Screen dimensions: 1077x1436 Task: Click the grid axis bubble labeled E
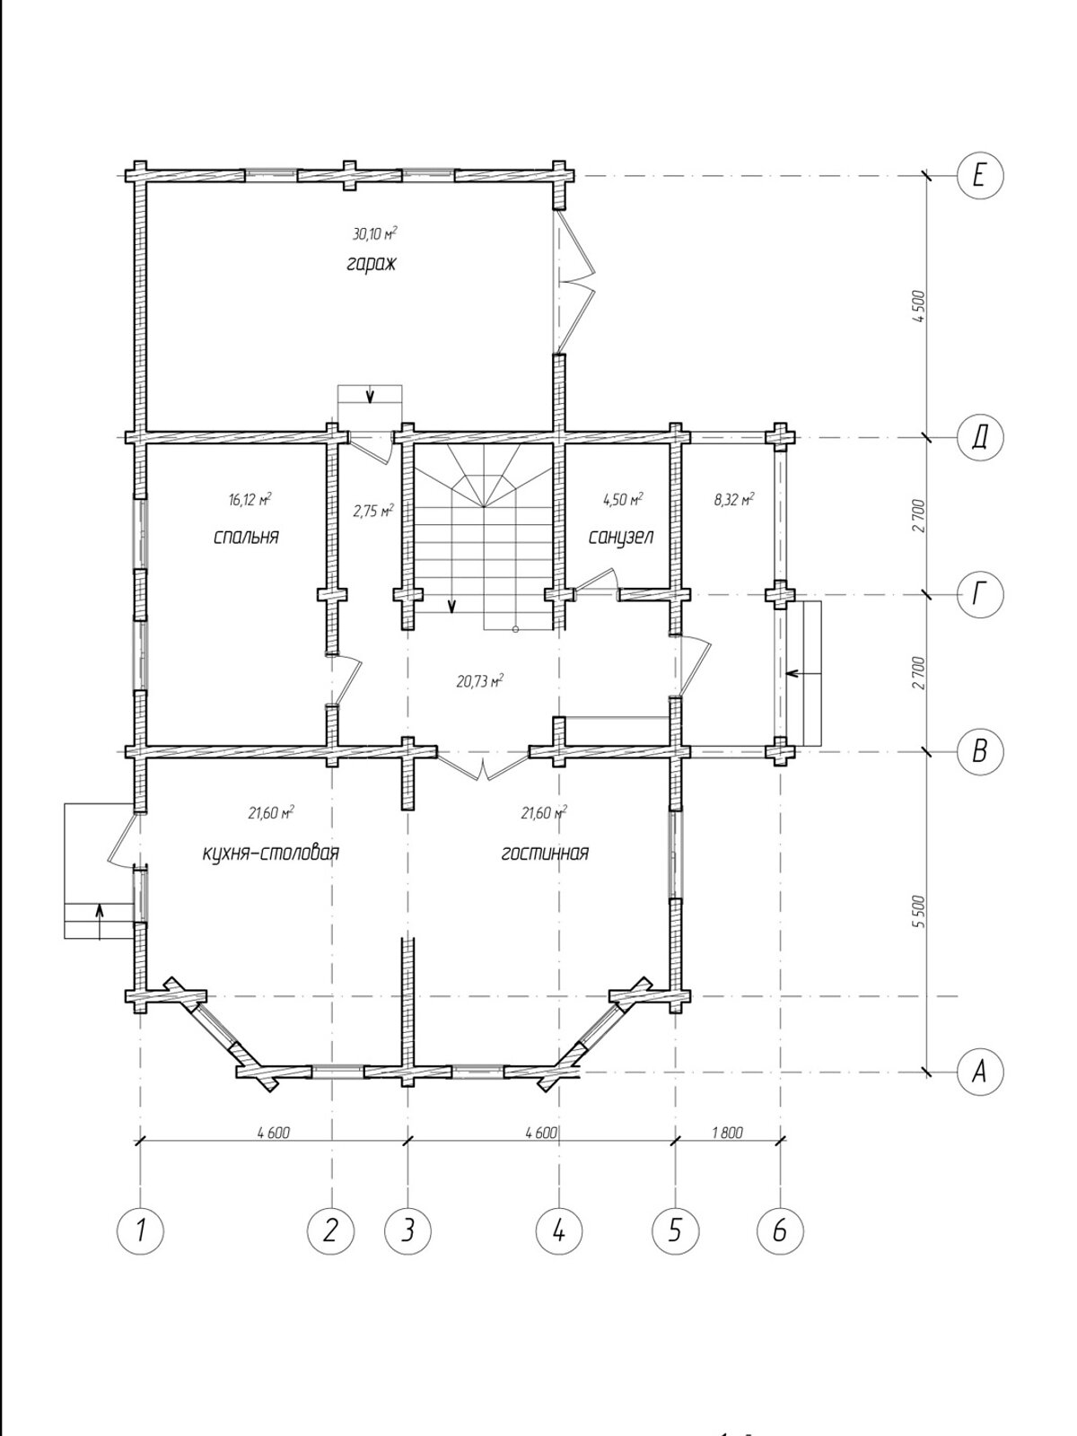(x=979, y=175)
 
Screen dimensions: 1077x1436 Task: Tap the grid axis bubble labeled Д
(x=979, y=436)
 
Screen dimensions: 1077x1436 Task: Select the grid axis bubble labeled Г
(x=979, y=595)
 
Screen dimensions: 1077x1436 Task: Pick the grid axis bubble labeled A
(x=979, y=1072)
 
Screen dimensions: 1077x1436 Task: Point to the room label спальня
(x=246, y=537)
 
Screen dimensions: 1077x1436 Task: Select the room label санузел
(x=621, y=537)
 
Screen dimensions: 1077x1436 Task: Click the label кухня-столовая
(x=271, y=854)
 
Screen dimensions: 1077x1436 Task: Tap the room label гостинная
(x=545, y=854)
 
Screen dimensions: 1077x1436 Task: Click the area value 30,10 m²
(x=375, y=233)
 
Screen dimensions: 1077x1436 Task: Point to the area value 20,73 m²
(x=480, y=682)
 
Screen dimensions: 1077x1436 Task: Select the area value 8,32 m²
(x=734, y=501)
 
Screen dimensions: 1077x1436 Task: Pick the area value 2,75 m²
(x=373, y=511)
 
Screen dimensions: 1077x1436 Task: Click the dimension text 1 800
(x=727, y=1133)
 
